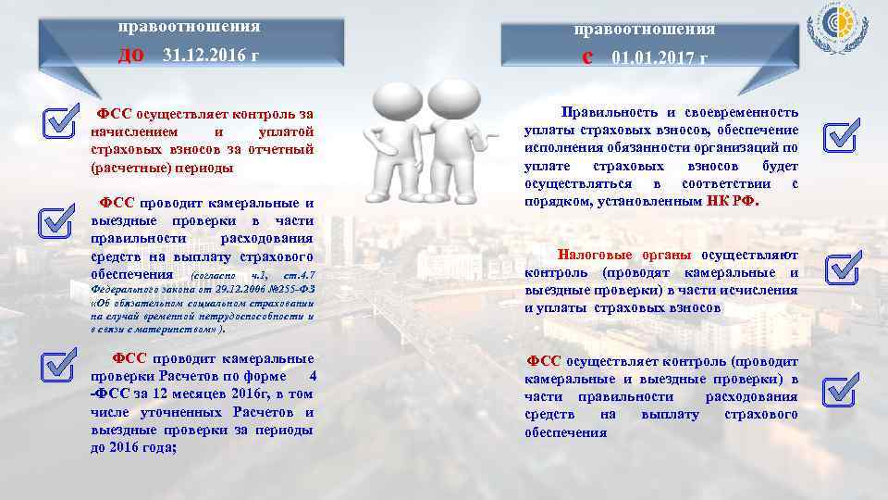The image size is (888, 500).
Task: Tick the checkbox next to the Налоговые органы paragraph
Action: tap(842, 269)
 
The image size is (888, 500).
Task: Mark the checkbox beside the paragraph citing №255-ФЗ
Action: tap(55, 222)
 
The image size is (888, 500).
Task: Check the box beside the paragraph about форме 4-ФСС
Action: tap(57, 364)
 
